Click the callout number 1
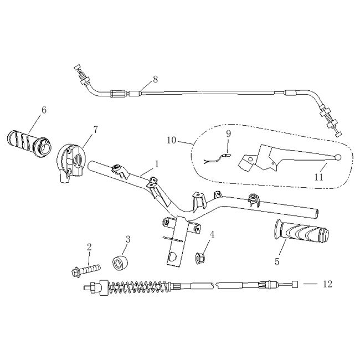157,164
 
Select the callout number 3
128,239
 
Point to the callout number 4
212,234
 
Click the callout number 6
43,110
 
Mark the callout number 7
95,130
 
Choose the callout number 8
155,79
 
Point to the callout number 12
327,284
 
